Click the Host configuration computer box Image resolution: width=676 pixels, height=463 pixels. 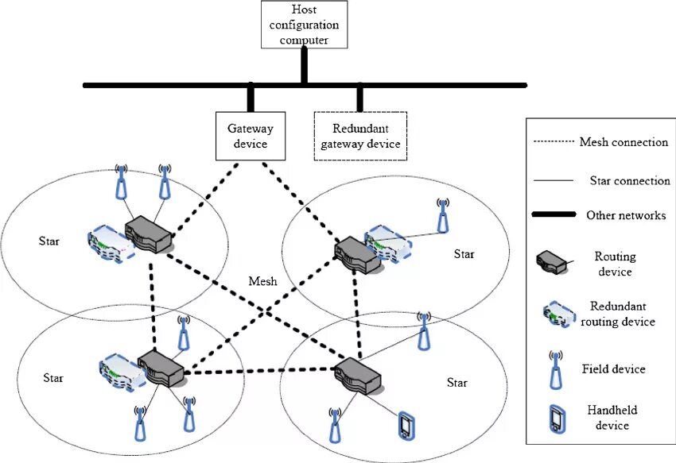tap(303, 25)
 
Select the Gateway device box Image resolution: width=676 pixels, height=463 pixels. tap(251, 136)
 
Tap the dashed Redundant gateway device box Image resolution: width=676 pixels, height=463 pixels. tap(360, 136)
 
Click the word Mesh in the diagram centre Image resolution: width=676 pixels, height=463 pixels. tap(263, 281)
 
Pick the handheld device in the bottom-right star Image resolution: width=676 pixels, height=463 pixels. tap(406, 426)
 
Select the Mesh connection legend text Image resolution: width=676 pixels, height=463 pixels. tap(624, 142)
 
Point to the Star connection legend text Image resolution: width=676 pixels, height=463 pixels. tap(630, 181)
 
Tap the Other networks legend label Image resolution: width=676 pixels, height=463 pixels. tap(626, 215)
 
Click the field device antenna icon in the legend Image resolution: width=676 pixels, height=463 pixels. tap(554, 369)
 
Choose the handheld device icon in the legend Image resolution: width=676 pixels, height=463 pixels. tap(555, 418)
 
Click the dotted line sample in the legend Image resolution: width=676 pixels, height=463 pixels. tap(551, 142)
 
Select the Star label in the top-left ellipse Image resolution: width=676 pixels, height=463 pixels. tap(49, 239)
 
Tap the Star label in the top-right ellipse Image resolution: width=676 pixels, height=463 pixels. tap(464, 254)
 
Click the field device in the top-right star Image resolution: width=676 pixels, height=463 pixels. tap(442, 212)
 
